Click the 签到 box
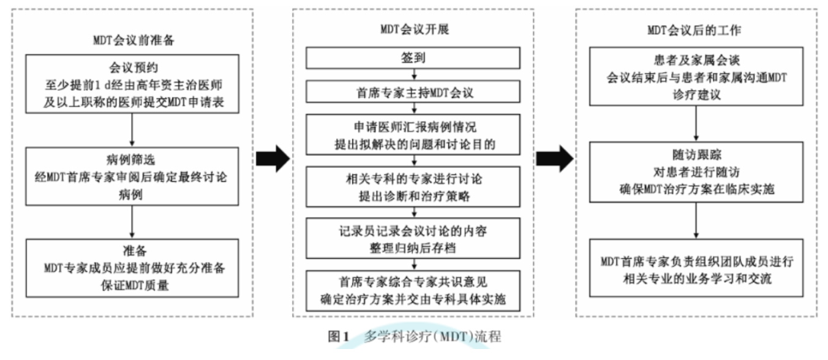413,58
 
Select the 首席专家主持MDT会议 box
413,92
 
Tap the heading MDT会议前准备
134,40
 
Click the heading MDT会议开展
415,29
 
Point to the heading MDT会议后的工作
694,30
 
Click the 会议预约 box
132,84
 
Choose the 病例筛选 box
132,176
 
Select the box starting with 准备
132,268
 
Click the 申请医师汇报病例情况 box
413,135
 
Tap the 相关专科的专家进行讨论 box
413,187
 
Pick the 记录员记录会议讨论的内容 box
413,238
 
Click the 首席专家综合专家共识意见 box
413,291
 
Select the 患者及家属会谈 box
696,77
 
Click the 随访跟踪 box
696,172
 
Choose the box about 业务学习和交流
696,268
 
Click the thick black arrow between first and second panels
273,159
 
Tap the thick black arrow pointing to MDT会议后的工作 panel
555,159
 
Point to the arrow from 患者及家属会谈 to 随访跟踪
696,124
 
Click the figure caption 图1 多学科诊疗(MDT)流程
415,336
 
